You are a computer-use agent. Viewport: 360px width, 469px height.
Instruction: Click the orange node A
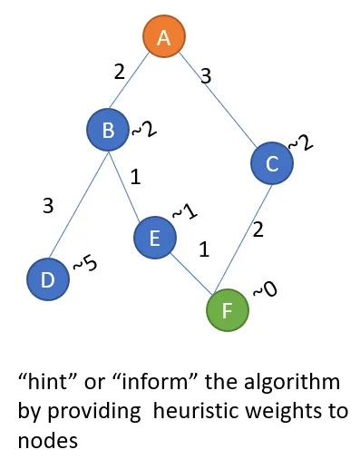164,37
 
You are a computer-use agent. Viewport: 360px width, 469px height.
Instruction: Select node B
108,132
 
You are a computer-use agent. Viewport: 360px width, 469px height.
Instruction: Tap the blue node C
271,163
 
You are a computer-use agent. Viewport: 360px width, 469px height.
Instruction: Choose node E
155,239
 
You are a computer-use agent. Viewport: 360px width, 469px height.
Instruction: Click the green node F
227,309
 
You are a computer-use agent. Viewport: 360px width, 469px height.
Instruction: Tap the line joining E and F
190,274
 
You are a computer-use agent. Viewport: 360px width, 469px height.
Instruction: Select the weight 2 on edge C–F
258,230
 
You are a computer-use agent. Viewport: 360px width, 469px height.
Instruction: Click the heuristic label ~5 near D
84,266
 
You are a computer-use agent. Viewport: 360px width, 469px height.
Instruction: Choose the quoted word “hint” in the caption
47,379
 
